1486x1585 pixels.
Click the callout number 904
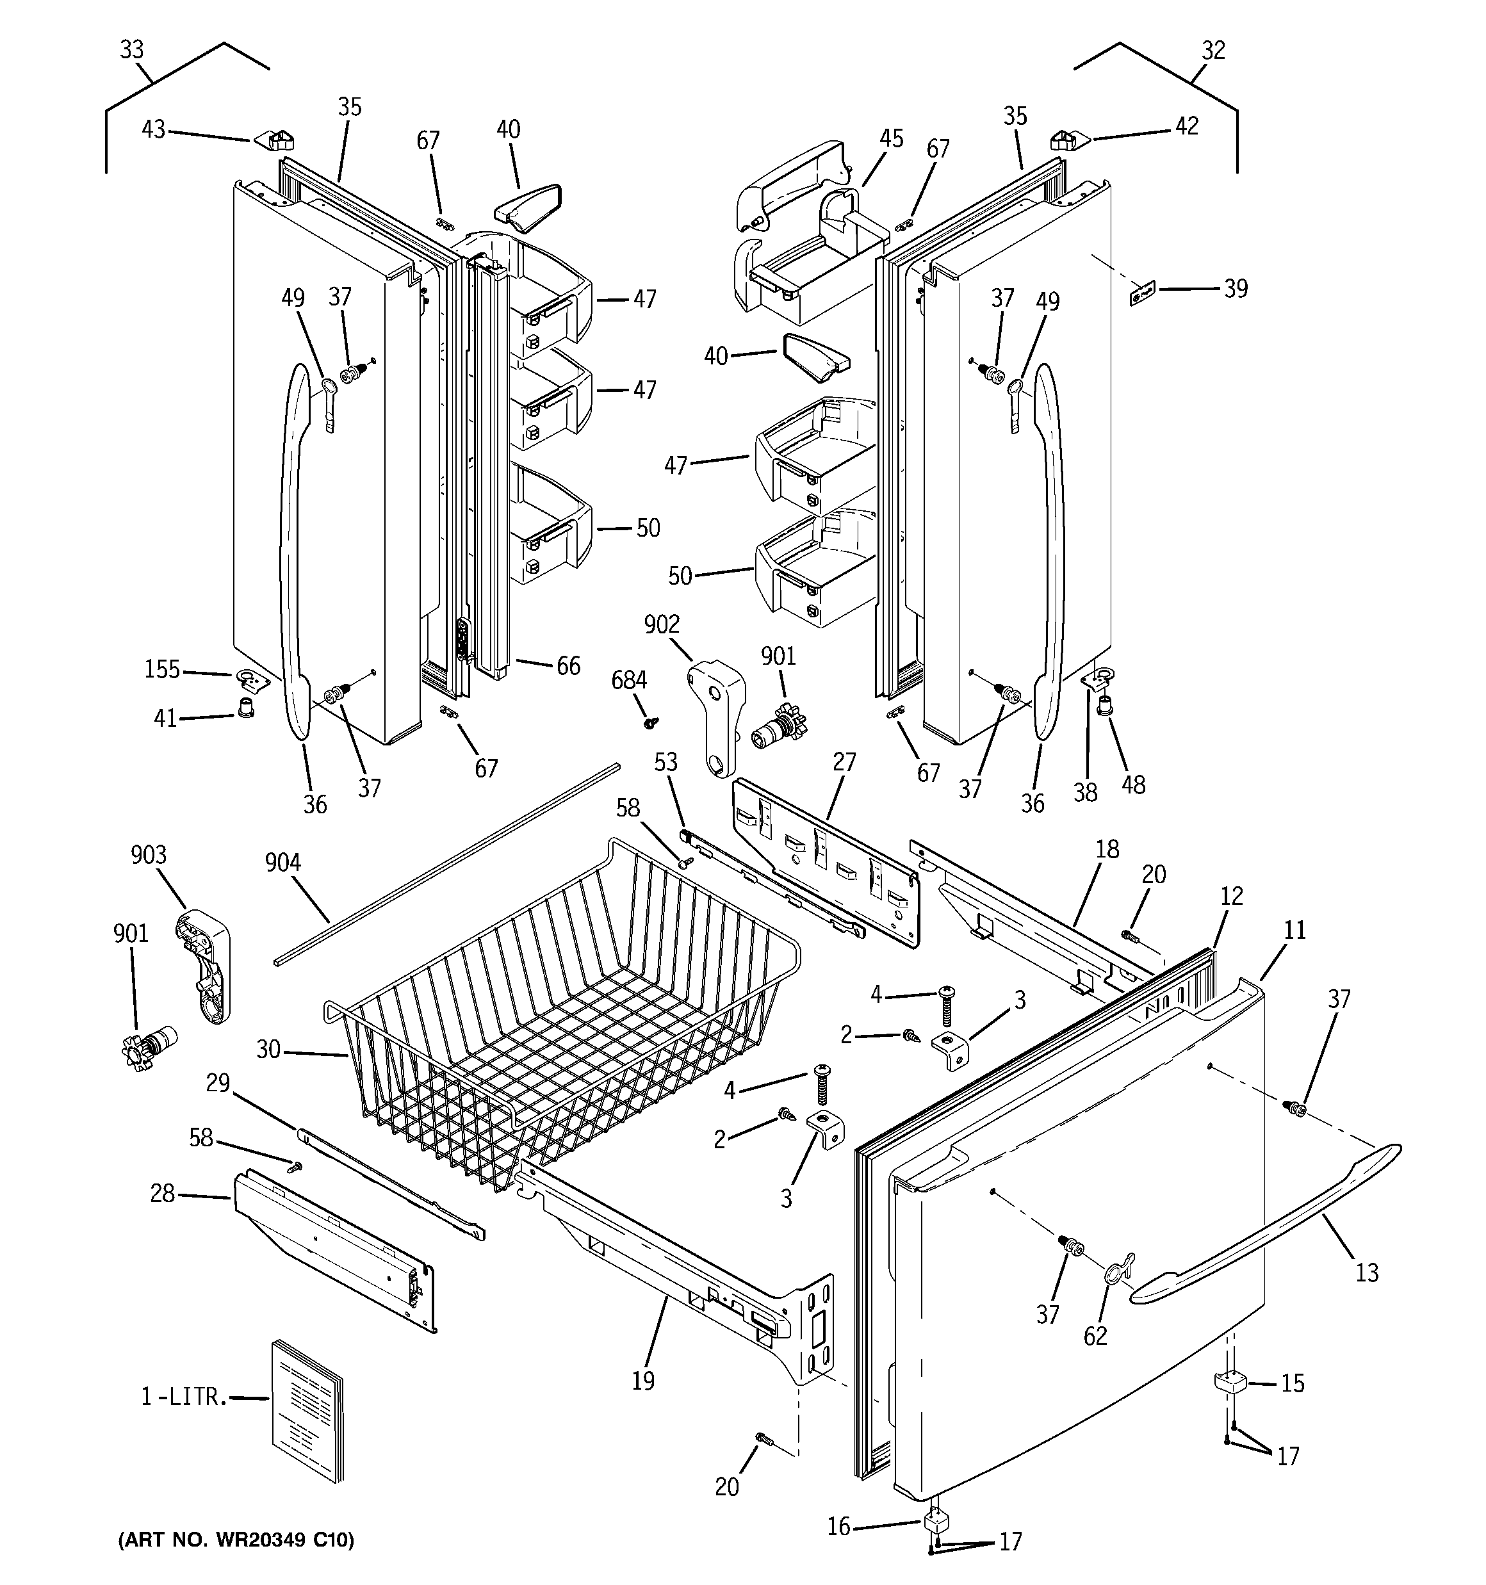282,862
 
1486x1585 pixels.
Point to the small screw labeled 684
651,722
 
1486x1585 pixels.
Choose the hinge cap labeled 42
1070,140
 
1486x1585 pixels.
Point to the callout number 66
568,666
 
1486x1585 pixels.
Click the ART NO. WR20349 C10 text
236,1540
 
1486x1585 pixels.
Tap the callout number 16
838,1526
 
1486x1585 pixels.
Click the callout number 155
162,669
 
